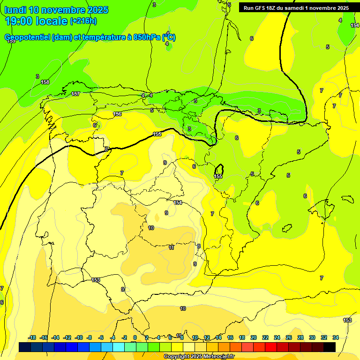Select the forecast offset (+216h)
[x=83, y=21]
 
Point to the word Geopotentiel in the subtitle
[x=27, y=37]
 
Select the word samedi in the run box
[x=293, y=8]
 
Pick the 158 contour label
[x=45, y=82]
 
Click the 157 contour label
[x=75, y=94]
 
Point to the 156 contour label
[x=117, y=114]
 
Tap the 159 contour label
[x=11, y=41]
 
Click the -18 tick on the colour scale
[x=32, y=337]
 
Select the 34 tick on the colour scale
[x=336, y=337]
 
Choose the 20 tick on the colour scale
[x=254, y=337]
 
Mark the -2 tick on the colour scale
[x=124, y=337]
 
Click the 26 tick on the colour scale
[x=289, y=337]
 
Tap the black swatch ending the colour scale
[x=330, y=347]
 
